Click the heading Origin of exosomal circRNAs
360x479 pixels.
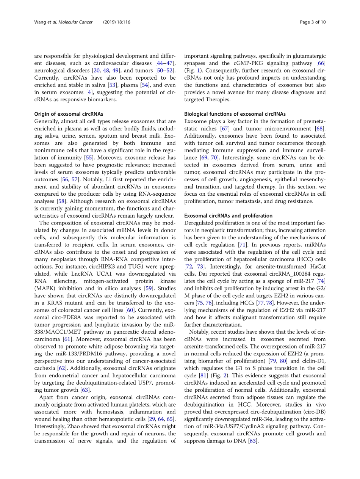69,114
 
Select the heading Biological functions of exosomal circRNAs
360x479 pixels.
235,114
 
